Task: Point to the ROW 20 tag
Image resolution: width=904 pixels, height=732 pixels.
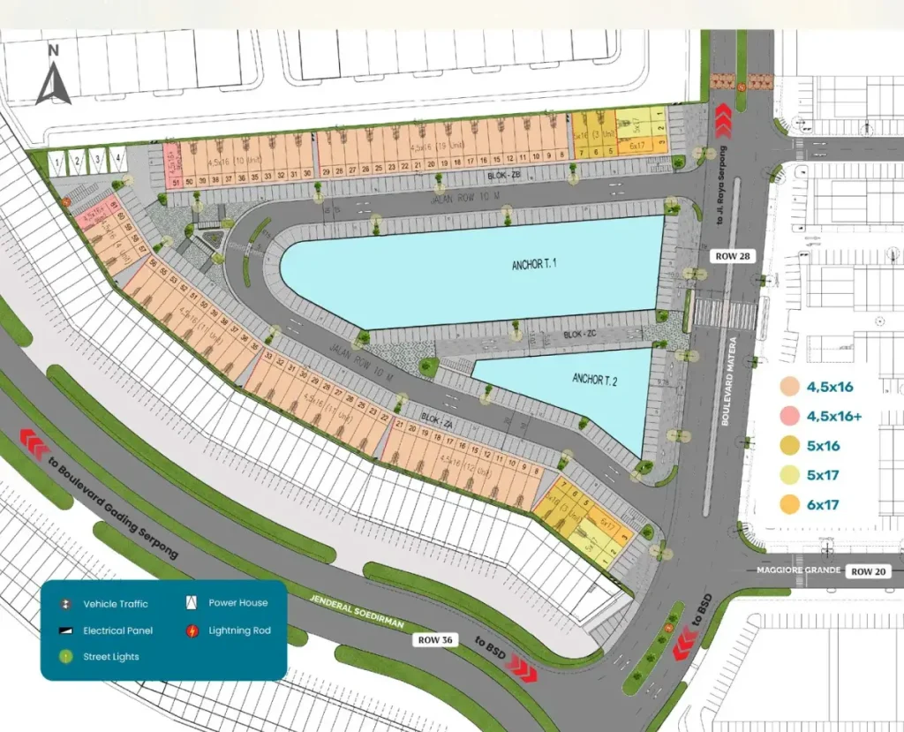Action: (869, 571)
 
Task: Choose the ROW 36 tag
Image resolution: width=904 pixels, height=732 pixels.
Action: (436, 640)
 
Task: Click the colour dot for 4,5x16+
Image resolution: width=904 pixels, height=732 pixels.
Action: (790, 415)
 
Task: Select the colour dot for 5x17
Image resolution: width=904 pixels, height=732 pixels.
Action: (790, 475)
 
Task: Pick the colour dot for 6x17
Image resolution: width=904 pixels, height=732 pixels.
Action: (790, 505)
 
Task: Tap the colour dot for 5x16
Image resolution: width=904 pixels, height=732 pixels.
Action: (790, 445)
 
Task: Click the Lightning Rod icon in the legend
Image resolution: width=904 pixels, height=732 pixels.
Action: (192, 630)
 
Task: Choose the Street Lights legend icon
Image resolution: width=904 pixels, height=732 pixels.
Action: (65, 657)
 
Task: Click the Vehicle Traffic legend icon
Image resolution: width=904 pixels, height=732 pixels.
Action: (65, 604)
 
